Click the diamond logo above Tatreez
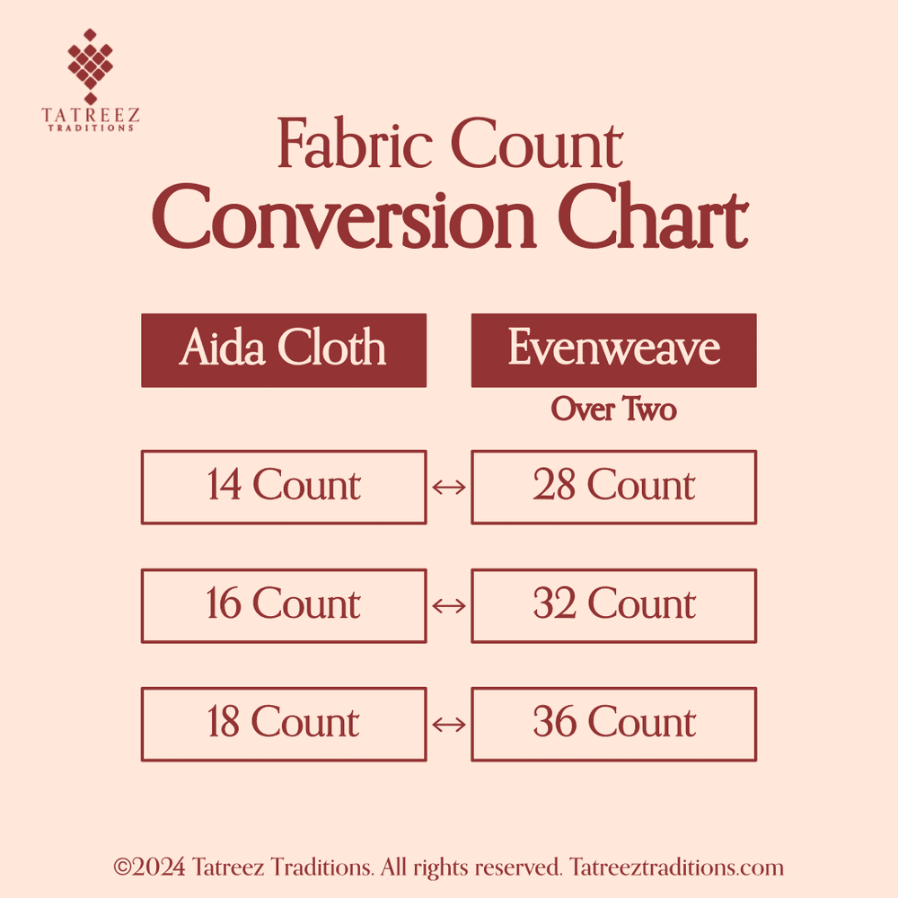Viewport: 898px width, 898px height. tap(90, 65)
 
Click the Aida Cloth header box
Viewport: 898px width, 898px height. tap(283, 349)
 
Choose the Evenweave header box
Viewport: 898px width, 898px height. tap(613, 349)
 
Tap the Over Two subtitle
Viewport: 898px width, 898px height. tap(613, 409)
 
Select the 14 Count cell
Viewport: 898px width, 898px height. tap(283, 487)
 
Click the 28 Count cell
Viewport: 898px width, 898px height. tap(613, 487)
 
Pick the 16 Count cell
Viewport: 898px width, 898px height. tap(283, 605)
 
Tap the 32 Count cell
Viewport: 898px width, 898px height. tap(613, 605)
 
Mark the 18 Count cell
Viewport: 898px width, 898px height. tap(283, 724)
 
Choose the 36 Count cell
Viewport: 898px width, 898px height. tap(613, 724)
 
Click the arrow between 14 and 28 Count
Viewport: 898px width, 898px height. tap(449, 487)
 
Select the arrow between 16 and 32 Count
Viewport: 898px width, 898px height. tap(449, 605)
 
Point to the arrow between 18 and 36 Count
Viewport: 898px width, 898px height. tap(449, 724)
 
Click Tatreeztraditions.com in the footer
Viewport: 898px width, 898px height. tap(676, 868)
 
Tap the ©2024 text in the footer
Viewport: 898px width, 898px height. tap(150, 868)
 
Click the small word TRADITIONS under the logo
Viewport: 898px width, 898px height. tap(90, 128)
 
